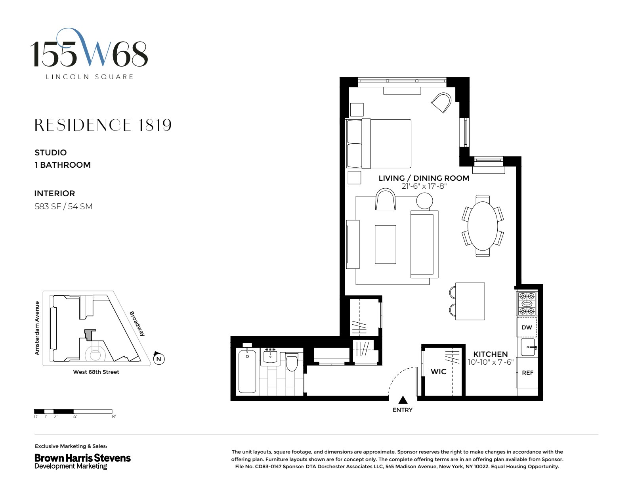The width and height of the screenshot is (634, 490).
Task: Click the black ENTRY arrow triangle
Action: pyautogui.click(x=403, y=400)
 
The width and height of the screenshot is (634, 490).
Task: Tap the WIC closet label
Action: pyautogui.click(x=438, y=371)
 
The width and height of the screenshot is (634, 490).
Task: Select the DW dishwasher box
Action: pyautogui.click(x=527, y=327)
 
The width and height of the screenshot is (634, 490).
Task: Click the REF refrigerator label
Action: pyautogui.click(x=527, y=373)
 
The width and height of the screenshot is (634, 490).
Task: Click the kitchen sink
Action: pyautogui.click(x=527, y=347)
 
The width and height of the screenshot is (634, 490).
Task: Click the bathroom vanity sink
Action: pyautogui.click(x=271, y=357)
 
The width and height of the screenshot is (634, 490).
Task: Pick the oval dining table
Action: pyautogui.click(x=482, y=226)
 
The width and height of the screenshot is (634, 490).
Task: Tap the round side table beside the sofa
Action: pyautogui.click(x=424, y=201)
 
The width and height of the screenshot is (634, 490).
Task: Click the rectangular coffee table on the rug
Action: pyautogui.click(x=385, y=244)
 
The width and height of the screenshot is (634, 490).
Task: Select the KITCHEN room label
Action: pyautogui.click(x=490, y=354)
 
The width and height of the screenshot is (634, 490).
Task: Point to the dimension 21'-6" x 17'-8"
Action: pyautogui.click(x=424, y=186)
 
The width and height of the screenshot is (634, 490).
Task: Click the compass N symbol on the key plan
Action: pyautogui.click(x=158, y=359)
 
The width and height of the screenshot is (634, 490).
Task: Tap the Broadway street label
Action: pyautogui.click(x=137, y=323)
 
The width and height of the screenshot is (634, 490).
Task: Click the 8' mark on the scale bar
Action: pyautogui.click(x=114, y=417)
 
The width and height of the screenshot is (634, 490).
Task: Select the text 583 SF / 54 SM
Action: pyautogui.click(x=63, y=207)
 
